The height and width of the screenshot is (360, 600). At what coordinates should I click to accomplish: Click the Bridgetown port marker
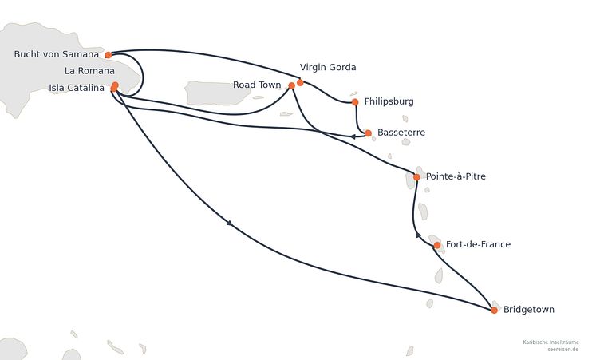494,310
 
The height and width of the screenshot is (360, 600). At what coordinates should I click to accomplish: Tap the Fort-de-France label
478,244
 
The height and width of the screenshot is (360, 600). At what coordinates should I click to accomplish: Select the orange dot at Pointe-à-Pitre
416,177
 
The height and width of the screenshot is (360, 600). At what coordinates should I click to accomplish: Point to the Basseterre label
401,133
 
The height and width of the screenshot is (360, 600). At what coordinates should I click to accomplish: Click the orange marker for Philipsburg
355,102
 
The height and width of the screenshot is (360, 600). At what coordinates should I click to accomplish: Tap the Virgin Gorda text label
328,67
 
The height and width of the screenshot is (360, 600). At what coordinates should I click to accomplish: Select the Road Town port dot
291,85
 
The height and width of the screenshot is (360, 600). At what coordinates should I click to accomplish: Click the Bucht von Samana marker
109,55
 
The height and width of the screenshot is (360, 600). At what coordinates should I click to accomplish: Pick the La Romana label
89,71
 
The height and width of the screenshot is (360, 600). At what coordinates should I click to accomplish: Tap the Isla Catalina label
77,88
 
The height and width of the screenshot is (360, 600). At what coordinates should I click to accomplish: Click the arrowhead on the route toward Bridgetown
230,223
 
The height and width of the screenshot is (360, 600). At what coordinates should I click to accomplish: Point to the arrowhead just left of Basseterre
353,136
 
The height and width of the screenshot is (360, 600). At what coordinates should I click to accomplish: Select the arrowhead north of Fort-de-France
418,235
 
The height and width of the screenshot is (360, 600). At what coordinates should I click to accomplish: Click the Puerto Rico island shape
219,93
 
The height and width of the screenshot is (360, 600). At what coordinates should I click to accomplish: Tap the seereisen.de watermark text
562,350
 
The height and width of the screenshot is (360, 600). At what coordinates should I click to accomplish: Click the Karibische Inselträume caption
551,342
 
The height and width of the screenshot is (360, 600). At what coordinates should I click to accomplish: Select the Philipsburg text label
389,101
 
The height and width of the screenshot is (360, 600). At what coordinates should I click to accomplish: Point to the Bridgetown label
529,310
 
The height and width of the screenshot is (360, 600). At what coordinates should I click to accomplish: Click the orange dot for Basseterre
368,133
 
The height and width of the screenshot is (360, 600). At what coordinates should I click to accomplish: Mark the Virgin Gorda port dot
300,82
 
